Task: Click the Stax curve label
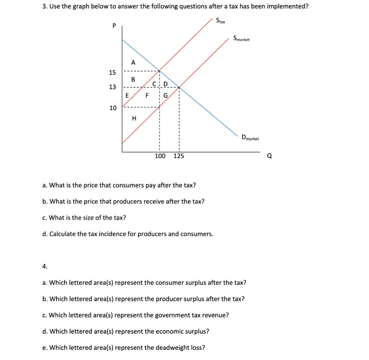click(221, 21)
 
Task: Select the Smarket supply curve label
click(241, 39)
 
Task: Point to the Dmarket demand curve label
click(250, 138)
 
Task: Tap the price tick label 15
click(113, 73)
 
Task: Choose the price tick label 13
click(113, 87)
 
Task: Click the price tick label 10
click(113, 108)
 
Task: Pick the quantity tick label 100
click(160, 156)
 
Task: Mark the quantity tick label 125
click(179, 156)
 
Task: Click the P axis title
click(114, 26)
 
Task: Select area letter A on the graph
click(133, 62)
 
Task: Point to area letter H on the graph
click(134, 118)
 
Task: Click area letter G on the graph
click(166, 96)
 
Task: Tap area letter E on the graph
click(127, 96)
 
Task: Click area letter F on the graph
click(147, 96)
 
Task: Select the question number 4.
click(44, 266)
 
